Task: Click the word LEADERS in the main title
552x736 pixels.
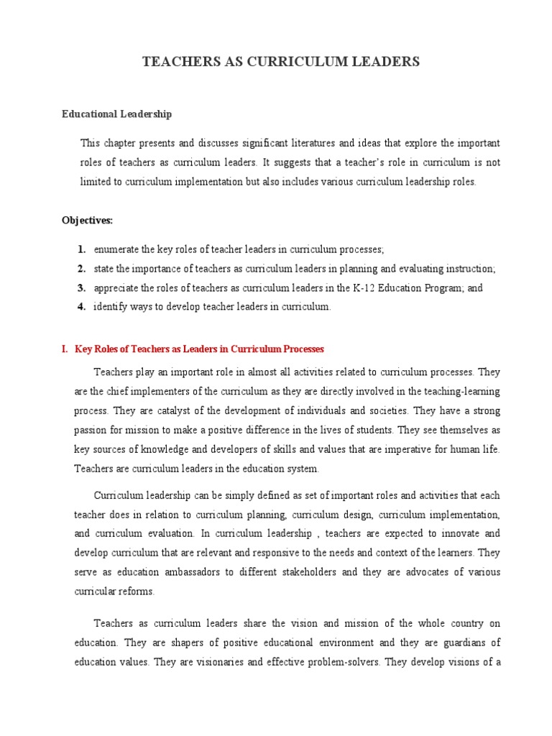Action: pos(383,63)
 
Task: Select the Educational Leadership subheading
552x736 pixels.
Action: pos(116,114)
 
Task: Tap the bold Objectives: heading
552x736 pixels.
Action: pos(87,221)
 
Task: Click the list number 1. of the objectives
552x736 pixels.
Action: pos(82,249)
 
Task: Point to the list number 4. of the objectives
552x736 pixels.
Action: pos(82,307)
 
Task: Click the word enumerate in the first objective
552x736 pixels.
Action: pos(116,249)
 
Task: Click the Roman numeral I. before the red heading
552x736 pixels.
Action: pos(65,349)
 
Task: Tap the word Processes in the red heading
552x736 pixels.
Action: pos(303,349)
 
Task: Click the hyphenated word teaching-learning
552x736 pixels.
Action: pos(459,392)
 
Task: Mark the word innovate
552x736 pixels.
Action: pos(457,534)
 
